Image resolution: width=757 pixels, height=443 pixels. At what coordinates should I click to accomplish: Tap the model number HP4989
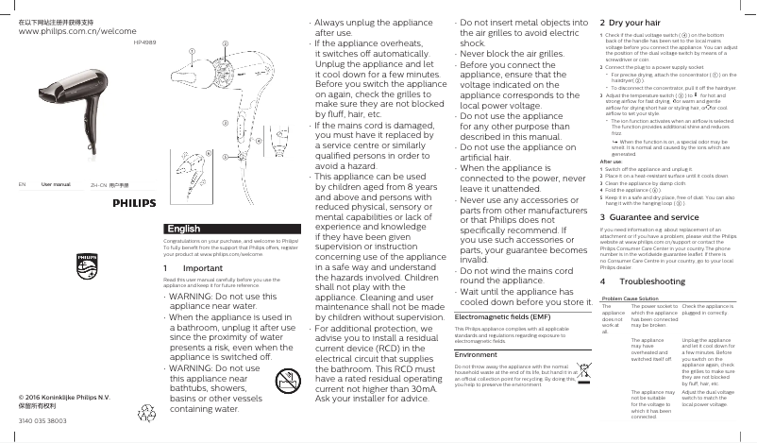[x=145, y=42]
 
